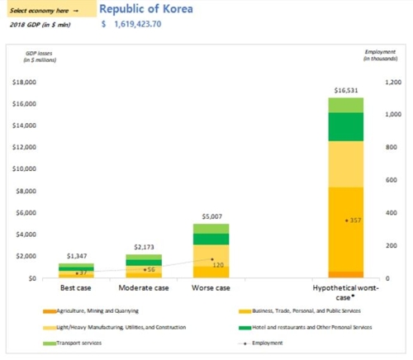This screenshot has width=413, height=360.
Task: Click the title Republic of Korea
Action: [x=148, y=10]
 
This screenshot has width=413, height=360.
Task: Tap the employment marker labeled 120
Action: [x=212, y=259]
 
